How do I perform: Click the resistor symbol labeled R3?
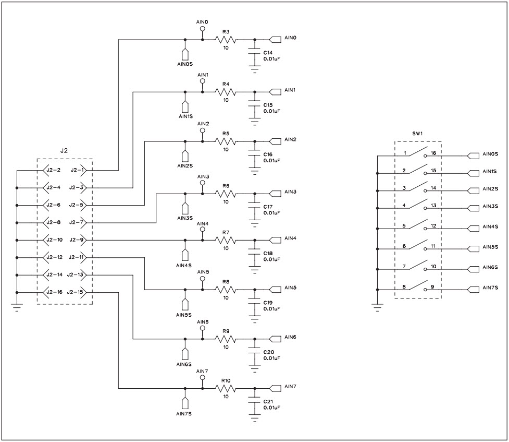(x=226, y=40)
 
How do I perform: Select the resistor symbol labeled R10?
(x=226, y=389)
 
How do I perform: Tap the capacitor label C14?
(x=268, y=53)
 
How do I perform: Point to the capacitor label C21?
(x=268, y=401)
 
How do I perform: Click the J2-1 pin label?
(x=76, y=170)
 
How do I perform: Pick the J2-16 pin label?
(x=54, y=292)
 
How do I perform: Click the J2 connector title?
(x=64, y=151)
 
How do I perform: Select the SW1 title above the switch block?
(x=418, y=134)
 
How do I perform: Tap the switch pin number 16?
(x=433, y=153)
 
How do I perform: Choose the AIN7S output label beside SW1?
(x=490, y=288)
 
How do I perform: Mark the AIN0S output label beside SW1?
(x=490, y=154)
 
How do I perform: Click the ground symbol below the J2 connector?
(x=17, y=308)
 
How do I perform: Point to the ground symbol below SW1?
(x=377, y=308)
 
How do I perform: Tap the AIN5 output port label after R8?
(x=290, y=288)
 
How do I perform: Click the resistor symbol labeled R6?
(x=226, y=193)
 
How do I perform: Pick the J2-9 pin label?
(x=76, y=240)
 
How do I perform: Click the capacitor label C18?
(x=268, y=253)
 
